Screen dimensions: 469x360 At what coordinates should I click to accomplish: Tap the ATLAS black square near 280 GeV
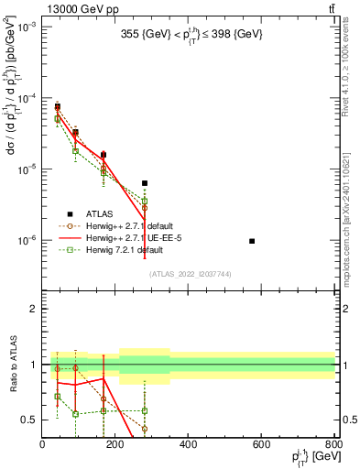[144, 183]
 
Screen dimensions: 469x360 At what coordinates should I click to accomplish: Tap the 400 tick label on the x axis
[189, 444]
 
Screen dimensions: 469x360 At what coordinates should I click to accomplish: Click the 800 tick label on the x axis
[333, 444]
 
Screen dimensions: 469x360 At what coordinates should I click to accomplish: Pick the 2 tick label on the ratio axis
[34, 309]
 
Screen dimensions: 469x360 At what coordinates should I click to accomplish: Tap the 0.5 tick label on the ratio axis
[31, 420]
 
